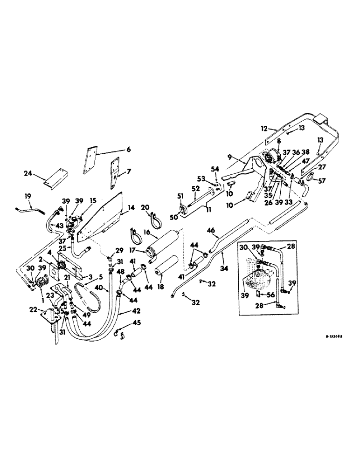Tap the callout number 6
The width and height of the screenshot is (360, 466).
(x=129, y=150)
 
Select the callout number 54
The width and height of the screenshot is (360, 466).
(x=215, y=168)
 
